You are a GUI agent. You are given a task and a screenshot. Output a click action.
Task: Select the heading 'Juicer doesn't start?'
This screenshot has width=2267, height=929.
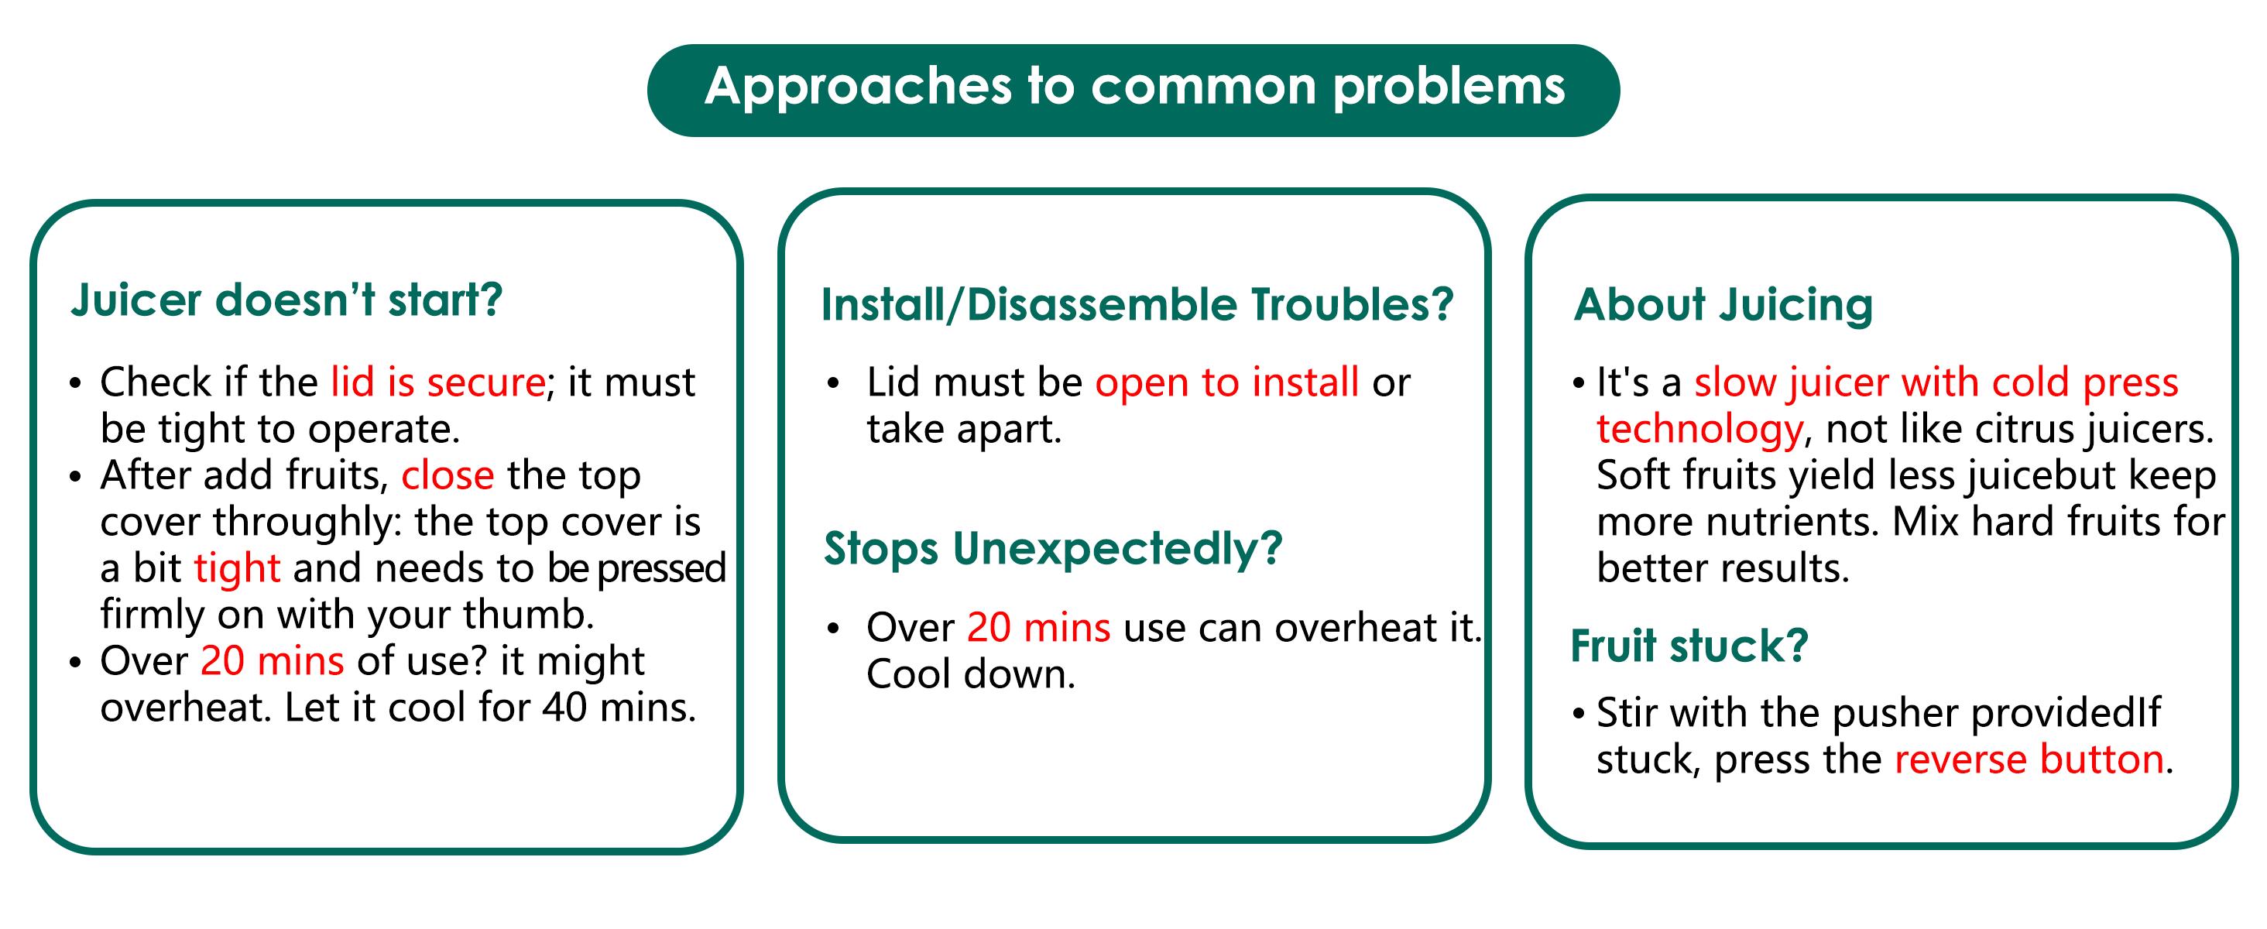(x=286, y=300)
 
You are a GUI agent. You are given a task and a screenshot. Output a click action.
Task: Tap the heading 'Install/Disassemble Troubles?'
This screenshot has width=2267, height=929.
(x=1137, y=305)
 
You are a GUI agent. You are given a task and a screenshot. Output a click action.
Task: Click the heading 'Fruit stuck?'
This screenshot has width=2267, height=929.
(x=1689, y=646)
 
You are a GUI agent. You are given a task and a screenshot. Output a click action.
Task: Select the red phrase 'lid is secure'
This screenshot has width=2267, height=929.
(x=438, y=382)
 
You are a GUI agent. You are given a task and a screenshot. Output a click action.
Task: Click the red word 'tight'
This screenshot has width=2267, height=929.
(x=238, y=569)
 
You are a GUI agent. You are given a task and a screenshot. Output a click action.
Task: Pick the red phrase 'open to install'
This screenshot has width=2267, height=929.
(x=1226, y=382)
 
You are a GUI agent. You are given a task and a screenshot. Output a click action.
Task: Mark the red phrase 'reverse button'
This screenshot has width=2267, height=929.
(x=2029, y=759)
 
